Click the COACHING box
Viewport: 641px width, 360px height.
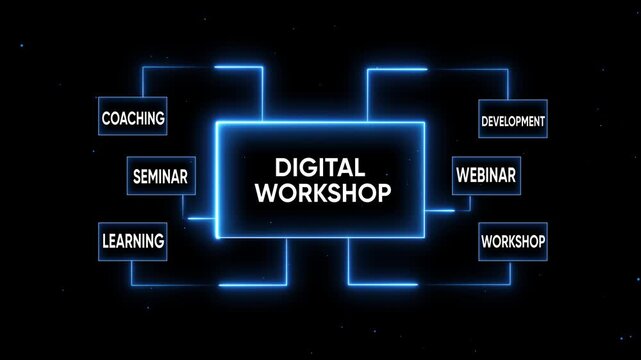point(132,118)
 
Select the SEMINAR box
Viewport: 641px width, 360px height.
point(160,177)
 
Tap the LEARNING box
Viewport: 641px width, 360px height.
point(132,240)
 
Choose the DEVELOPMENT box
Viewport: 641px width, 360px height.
point(513,121)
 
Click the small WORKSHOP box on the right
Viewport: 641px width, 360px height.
point(513,241)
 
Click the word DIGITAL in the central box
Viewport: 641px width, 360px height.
point(320,168)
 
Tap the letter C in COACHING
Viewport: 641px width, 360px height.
point(106,119)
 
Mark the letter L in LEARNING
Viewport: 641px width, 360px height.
point(105,241)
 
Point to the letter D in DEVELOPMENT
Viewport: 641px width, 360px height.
point(484,122)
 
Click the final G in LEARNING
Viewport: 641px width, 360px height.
point(160,241)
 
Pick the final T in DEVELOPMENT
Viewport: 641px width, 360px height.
point(543,122)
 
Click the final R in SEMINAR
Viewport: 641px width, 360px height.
point(184,178)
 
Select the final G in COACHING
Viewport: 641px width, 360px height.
point(160,119)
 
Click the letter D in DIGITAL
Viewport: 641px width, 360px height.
point(281,168)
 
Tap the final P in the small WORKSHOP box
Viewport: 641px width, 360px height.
point(541,241)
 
